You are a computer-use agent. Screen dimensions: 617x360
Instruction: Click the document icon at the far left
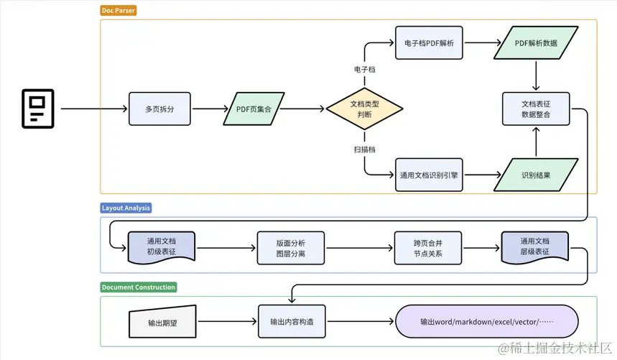pos(38,109)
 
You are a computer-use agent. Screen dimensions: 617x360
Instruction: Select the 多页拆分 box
pos(159,109)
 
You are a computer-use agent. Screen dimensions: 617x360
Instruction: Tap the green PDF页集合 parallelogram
pos(254,109)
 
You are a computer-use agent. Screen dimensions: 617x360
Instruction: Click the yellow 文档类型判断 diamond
pos(364,109)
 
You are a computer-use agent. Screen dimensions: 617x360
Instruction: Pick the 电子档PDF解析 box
pos(429,43)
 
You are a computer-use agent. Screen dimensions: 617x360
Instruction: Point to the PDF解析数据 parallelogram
pos(536,43)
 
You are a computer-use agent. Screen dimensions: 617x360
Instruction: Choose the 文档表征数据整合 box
pos(536,109)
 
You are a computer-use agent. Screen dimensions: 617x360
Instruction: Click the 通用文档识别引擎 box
pos(429,175)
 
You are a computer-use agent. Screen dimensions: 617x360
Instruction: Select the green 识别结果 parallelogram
pos(536,175)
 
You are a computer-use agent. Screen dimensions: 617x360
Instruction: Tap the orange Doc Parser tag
pos(119,11)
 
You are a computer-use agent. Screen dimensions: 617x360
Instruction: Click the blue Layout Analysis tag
pos(126,208)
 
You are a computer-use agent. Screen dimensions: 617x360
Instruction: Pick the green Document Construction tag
pos(139,287)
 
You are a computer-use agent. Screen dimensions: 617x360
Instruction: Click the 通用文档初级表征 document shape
pos(162,246)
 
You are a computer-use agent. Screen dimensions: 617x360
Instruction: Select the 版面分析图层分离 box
pos(291,248)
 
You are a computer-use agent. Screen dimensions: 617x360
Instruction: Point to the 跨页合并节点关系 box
pos(427,248)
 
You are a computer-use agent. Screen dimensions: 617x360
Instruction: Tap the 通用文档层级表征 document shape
pos(535,246)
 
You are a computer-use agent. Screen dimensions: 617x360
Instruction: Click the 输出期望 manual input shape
pos(162,322)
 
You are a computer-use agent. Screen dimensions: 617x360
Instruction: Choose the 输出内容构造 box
pos(292,321)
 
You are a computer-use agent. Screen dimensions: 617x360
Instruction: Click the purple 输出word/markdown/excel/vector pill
pos(487,321)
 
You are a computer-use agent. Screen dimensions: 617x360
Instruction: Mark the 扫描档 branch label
pos(364,149)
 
